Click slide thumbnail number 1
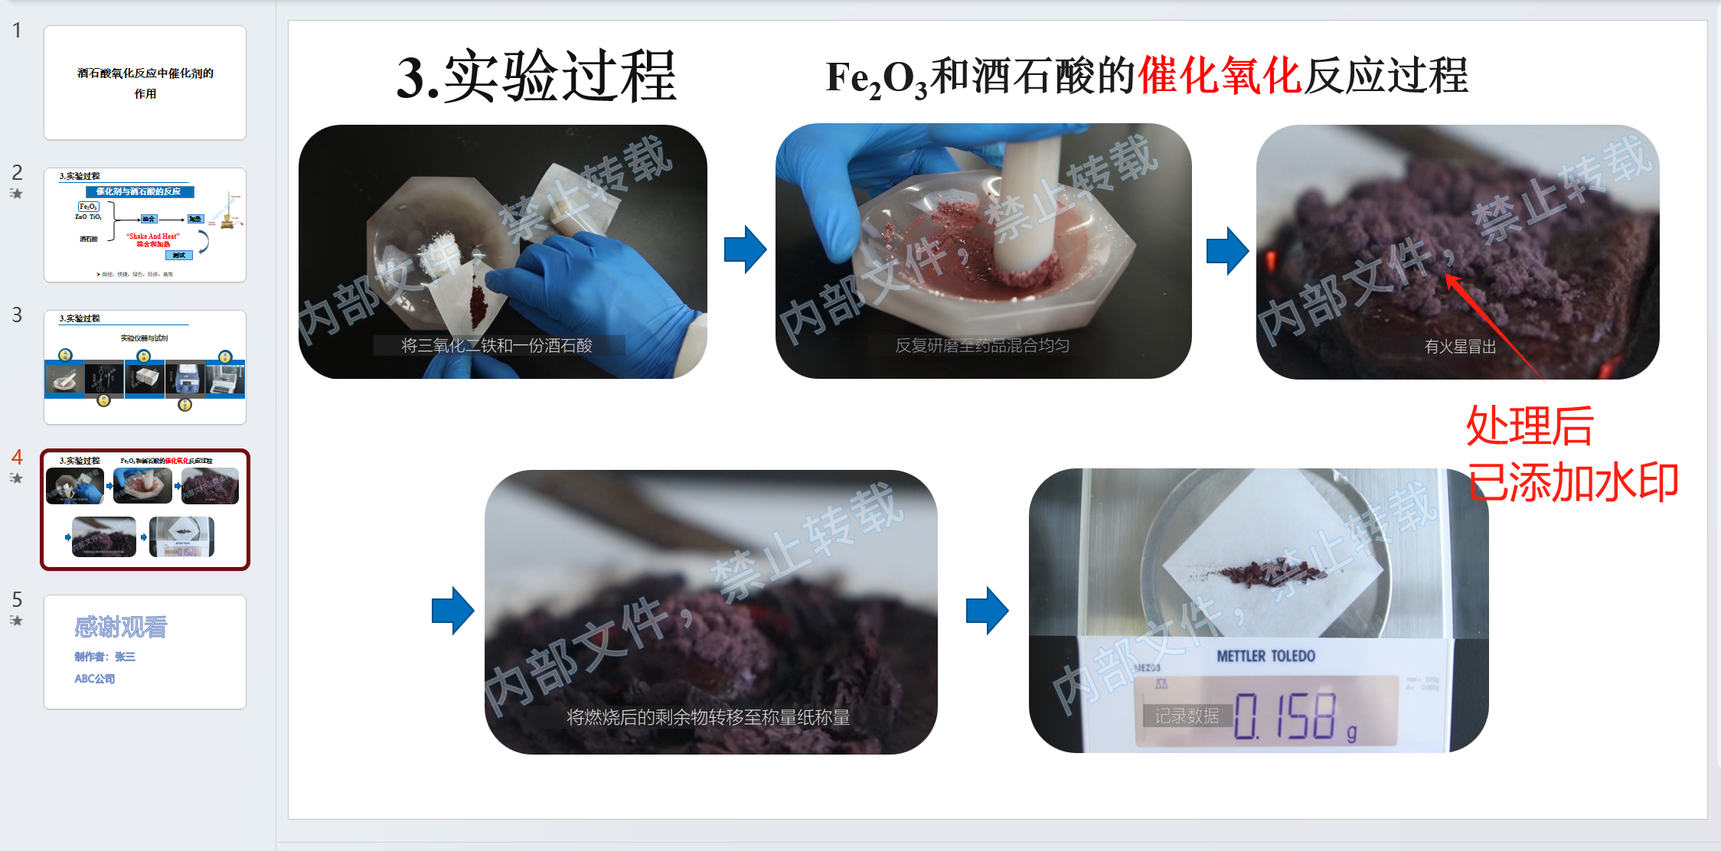145,83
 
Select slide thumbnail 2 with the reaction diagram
145,225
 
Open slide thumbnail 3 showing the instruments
145,367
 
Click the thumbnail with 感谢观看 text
145,652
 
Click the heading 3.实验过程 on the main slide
536,77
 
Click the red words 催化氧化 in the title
1219,76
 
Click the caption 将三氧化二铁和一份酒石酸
497,346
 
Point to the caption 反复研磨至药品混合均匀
982,346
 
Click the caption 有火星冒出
1459,347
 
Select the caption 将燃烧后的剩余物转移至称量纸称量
708,717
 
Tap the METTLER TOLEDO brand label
1265,657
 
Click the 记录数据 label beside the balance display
1186,716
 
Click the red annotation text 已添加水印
1572,483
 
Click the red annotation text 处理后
1529,425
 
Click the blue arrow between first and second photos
745,249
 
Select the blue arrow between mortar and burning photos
1227,250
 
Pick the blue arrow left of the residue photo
452,611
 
